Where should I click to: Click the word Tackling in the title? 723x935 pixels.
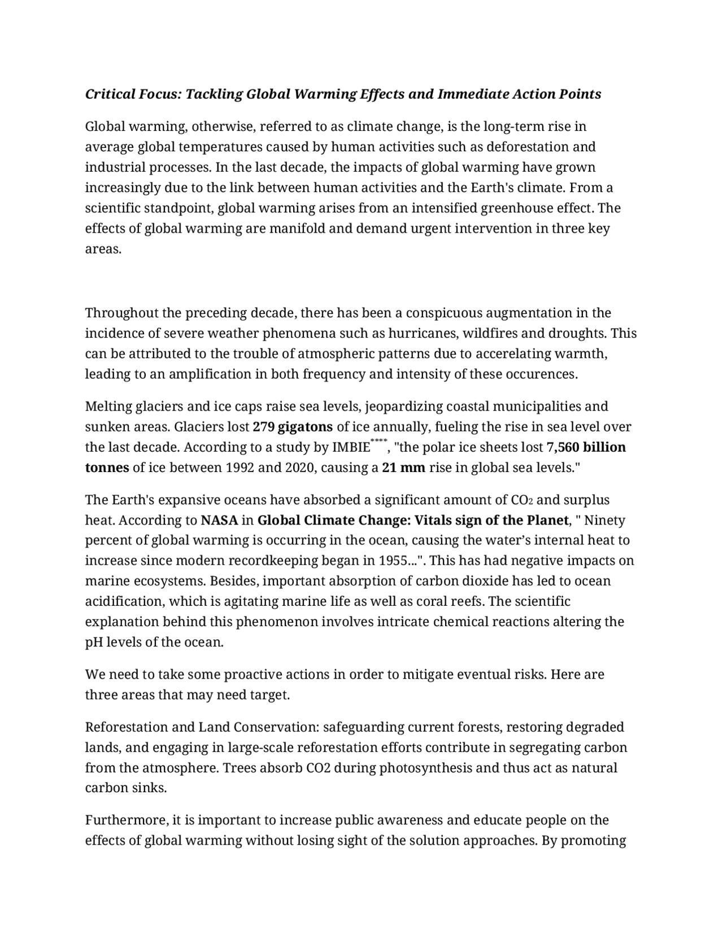(214, 94)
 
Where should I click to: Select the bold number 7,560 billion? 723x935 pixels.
(586, 447)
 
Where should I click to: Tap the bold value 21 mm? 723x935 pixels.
(403, 467)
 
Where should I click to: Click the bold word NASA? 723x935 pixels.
(219, 520)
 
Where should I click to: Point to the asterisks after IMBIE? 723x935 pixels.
(379, 441)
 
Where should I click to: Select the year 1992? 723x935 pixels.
(240, 467)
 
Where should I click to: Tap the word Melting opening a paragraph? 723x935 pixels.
(108, 407)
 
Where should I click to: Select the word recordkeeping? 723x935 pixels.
(269, 561)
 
